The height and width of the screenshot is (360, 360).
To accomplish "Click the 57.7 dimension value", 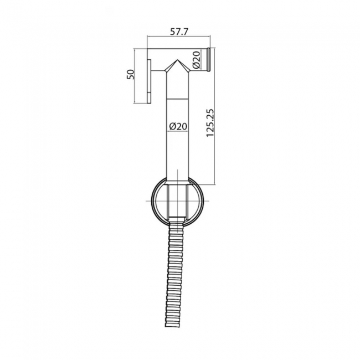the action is [179, 32].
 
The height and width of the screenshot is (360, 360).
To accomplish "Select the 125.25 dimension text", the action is [210, 122].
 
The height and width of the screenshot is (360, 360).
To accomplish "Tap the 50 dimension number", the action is [130, 74].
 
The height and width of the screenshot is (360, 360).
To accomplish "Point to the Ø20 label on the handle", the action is [178, 126].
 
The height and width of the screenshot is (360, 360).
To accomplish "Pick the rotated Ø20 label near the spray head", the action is [197, 60].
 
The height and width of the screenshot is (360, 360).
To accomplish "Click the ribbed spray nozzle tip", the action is [209, 59].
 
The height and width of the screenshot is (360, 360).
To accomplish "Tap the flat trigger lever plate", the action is [149, 81].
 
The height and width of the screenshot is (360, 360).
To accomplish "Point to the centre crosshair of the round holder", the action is [177, 201].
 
